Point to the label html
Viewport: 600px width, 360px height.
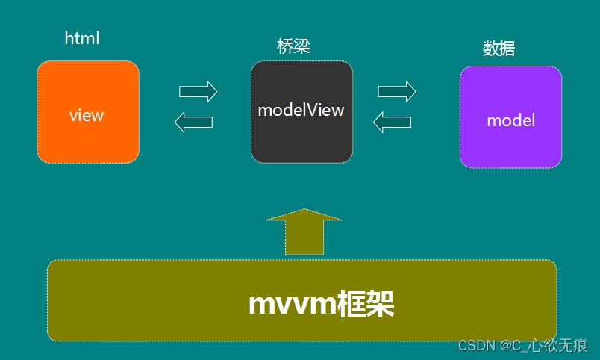click(82, 38)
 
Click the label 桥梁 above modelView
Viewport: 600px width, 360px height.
click(293, 46)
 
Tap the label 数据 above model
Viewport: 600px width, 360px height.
click(499, 49)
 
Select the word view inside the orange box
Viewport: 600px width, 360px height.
click(87, 115)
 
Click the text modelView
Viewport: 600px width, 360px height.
click(301, 110)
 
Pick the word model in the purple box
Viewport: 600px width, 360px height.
click(510, 120)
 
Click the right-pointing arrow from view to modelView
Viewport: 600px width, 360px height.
click(198, 92)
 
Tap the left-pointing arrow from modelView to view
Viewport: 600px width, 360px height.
click(193, 122)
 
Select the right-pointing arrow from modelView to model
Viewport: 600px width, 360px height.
click(396, 92)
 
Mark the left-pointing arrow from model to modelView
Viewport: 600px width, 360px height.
click(392, 122)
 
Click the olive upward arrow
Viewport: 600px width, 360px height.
click(304, 238)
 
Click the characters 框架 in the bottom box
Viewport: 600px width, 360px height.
click(365, 304)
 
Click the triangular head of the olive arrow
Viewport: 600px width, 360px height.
click(304, 215)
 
